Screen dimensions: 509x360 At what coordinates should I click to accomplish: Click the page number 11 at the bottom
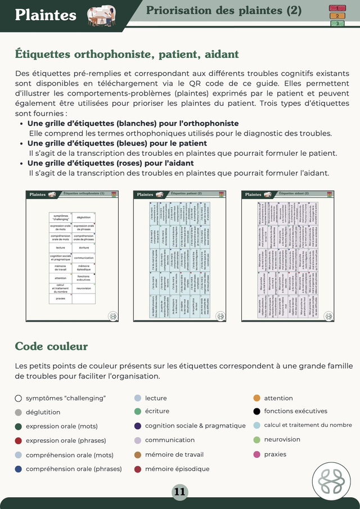point(179,492)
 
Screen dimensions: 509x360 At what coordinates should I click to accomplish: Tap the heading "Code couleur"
point(51,345)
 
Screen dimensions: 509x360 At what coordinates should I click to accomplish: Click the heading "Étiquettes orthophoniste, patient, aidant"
point(127,55)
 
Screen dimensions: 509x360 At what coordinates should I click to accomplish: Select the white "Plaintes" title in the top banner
point(46,15)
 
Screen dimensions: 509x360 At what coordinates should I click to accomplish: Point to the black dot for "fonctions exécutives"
point(256,411)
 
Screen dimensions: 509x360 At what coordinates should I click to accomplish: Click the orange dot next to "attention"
point(256,398)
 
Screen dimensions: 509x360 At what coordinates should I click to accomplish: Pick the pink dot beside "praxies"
point(256,454)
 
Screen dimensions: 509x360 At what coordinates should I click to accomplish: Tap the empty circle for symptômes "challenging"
point(19,398)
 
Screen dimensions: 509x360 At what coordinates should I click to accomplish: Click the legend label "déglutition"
point(43,412)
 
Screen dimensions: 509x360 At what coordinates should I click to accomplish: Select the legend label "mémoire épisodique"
point(177,469)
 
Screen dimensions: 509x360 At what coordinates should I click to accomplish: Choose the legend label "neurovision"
point(282,439)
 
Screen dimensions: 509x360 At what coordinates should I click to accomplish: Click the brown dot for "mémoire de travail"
point(137,454)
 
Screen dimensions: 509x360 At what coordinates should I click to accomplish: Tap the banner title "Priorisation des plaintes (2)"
point(223,11)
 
